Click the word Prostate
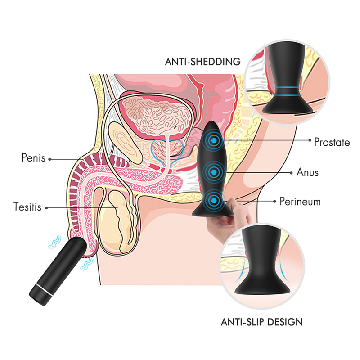coord(332,143)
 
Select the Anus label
coord(308,172)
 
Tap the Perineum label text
coord(300,201)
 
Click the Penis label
coord(33,158)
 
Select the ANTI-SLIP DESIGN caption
coord(261,322)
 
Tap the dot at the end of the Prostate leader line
coord(310,140)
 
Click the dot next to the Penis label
coord(49,158)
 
